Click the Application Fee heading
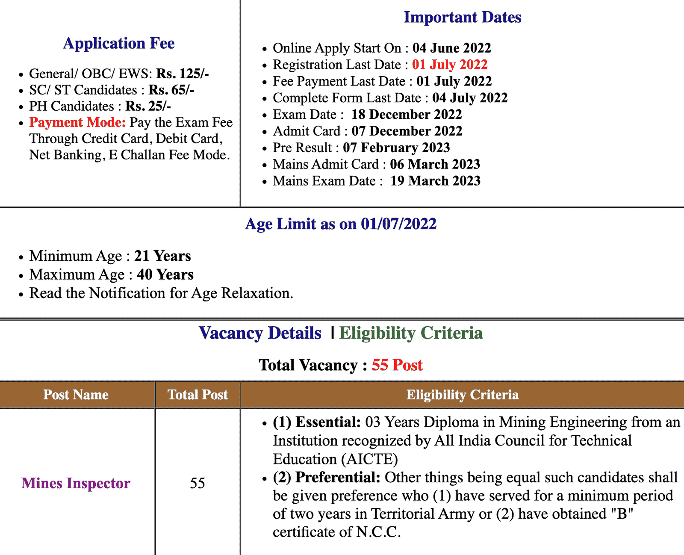pyautogui.click(x=119, y=43)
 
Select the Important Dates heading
pyautogui.click(x=462, y=17)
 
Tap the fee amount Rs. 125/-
pyautogui.click(x=183, y=74)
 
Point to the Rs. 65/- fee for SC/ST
pyautogui.click(x=171, y=90)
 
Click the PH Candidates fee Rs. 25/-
pyautogui.click(x=148, y=106)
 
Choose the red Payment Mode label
pyautogui.click(x=77, y=122)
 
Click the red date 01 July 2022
pyautogui.click(x=450, y=65)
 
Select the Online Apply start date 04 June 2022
pyautogui.click(x=451, y=48)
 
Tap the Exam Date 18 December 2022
pyautogui.click(x=407, y=115)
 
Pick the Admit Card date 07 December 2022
pyautogui.click(x=407, y=131)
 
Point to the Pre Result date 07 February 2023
pyautogui.click(x=396, y=148)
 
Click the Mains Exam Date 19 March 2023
pyautogui.click(x=435, y=181)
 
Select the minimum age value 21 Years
pyautogui.click(x=162, y=256)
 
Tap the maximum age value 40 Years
pyautogui.click(x=165, y=275)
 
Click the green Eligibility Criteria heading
pyautogui.click(x=411, y=333)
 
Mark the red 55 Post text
pyautogui.click(x=397, y=365)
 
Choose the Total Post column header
pyautogui.click(x=198, y=394)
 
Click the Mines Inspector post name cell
pyautogui.click(x=76, y=483)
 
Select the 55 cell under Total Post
pyautogui.click(x=198, y=483)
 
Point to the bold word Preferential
pyautogui.click(x=337, y=477)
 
